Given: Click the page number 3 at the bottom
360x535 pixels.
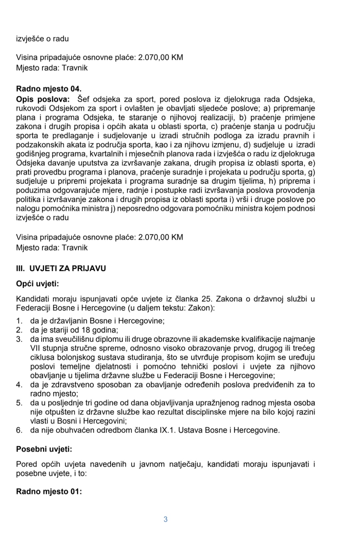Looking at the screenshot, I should click(x=165, y=519).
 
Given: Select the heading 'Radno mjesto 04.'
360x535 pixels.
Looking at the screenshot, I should click(x=49, y=89).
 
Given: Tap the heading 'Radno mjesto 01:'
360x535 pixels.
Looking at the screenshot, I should click(x=49, y=492).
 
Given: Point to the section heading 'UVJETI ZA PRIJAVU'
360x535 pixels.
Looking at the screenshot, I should click(x=68, y=268).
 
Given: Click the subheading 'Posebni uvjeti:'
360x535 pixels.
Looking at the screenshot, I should click(x=44, y=449).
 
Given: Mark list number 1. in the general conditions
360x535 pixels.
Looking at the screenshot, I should click(x=19, y=321).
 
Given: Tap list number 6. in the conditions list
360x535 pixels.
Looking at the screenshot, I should click(x=19, y=430).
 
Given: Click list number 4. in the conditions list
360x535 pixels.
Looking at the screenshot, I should click(x=19, y=385).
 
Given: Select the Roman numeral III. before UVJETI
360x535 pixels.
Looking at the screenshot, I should click(x=21, y=268).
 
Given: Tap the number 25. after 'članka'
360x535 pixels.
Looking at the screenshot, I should click(x=207, y=299).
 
